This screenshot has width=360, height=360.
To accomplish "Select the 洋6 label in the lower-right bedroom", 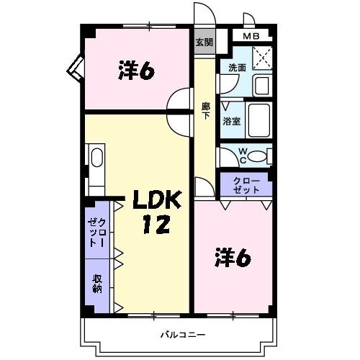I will [232, 257].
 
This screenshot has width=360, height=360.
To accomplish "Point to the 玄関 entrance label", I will [204, 42].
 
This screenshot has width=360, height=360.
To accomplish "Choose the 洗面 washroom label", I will [237, 67].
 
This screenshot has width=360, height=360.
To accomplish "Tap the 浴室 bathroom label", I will [232, 121].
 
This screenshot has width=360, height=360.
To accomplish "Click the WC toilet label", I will [243, 156].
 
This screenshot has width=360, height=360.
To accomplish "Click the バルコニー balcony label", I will [183, 335].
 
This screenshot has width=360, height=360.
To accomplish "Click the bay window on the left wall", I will [75, 68].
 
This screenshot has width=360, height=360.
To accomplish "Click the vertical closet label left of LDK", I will [96, 233].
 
